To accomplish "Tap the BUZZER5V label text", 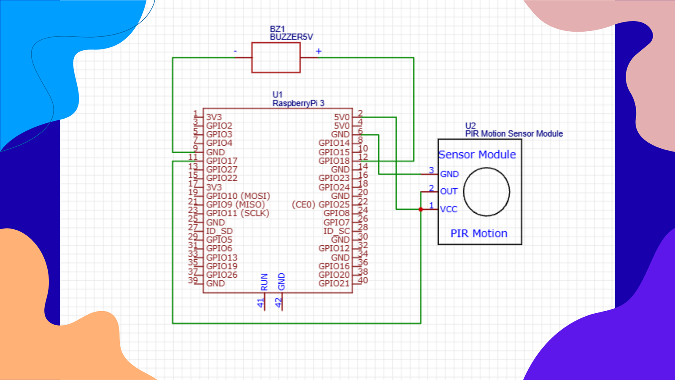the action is tap(292, 37).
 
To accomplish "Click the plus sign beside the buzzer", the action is tap(319, 51).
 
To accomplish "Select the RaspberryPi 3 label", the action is tap(298, 103).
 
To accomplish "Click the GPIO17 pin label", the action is tap(222, 161).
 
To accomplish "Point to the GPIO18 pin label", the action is tap(334, 161).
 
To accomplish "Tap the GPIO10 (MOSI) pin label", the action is tap(238, 196).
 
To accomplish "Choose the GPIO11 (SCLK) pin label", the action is tap(238, 214).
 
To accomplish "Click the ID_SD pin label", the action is tap(219, 231).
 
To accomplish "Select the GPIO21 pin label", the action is tap(334, 283).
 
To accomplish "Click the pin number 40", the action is tap(363, 280).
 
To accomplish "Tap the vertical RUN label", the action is tap(264, 282).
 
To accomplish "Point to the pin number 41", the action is tap(261, 302).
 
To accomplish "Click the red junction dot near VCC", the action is tap(421, 209).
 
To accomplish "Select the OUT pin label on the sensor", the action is tap(449, 192).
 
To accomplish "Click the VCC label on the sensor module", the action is tap(449, 209).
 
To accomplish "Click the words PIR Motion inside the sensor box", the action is tap(479, 234).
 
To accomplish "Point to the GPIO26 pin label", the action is tap(222, 275).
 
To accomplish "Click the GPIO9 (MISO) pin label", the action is tap(235, 205).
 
